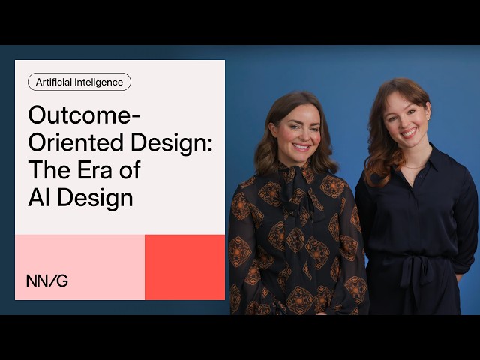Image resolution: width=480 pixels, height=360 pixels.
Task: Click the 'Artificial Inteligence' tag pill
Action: pos(79,82)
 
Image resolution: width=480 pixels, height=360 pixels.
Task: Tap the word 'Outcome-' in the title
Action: pos(84,117)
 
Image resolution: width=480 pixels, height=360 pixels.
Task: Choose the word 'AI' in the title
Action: pos(39,198)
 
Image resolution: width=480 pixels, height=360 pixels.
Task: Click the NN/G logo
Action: pos(46,280)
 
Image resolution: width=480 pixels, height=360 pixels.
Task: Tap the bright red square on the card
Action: pos(184,267)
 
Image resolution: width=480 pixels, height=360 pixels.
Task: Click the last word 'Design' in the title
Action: pos(97,198)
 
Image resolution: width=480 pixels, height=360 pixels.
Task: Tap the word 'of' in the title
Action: pos(128,171)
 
